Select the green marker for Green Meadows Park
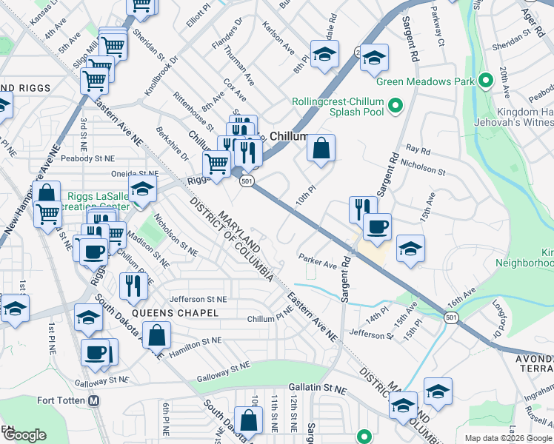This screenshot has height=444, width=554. [487, 81]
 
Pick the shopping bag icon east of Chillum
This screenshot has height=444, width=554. [321, 149]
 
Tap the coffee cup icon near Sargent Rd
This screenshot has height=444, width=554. [377, 226]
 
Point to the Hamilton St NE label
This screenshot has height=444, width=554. [196, 343]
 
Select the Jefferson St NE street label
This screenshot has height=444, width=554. [198, 299]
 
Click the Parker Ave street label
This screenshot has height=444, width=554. [318, 260]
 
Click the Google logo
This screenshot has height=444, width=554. [24, 436]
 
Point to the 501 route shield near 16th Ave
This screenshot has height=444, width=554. [450, 316]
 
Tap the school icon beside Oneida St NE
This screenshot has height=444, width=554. [142, 189]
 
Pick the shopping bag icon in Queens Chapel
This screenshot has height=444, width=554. [158, 337]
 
